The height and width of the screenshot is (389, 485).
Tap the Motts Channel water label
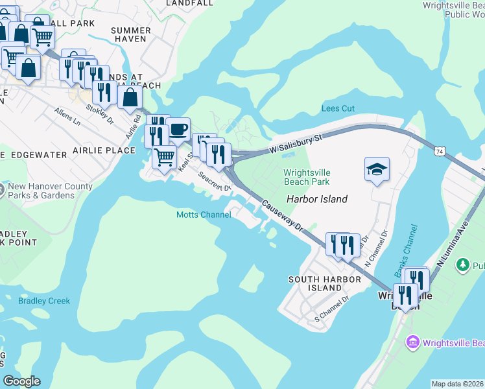204,215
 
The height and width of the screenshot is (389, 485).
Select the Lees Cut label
338,108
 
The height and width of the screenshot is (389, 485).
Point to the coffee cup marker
178,128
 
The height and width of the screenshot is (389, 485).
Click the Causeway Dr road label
283,215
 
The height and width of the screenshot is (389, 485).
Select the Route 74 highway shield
440,151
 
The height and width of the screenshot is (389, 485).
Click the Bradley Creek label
44,301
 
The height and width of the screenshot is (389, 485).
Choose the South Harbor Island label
314,283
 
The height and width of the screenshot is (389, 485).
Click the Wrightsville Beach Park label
307,177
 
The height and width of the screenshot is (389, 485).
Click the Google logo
21,381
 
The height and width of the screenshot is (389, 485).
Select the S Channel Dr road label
332,309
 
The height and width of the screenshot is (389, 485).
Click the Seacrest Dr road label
215,182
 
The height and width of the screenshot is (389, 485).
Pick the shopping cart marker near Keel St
165,156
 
